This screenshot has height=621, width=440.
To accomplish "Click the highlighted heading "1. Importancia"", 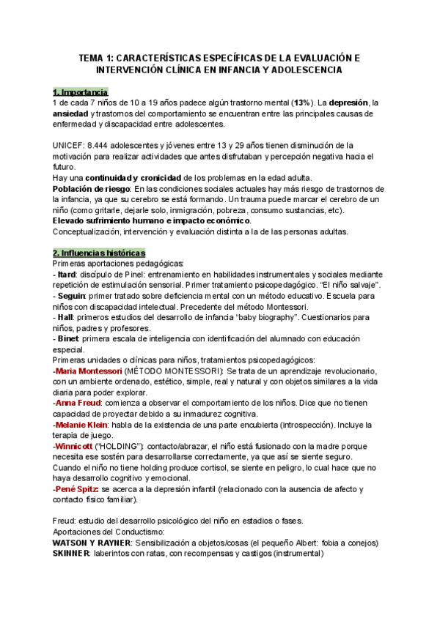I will point(80,92).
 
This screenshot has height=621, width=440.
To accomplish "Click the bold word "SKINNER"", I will point(72,554).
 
